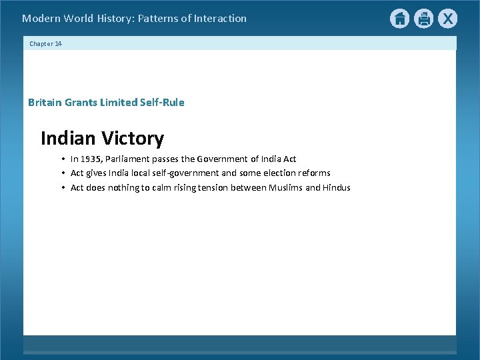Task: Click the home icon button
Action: [399, 19]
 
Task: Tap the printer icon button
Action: [423, 19]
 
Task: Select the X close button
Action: [447, 19]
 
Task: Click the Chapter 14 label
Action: [45, 43]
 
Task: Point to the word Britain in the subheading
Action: [45, 103]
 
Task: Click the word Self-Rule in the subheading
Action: [162, 103]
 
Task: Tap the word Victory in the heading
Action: [133, 139]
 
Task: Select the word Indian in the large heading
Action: [69, 139]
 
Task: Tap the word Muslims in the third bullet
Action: [285, 188]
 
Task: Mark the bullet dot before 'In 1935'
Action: [62, 159]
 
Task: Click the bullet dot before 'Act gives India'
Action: [62, 173]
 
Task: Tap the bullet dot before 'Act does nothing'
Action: [62, 188]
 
